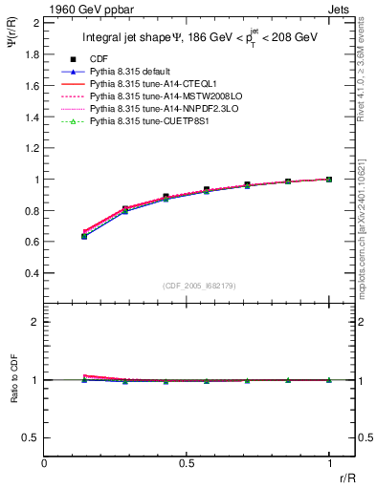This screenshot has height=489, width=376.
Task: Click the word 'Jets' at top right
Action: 340,8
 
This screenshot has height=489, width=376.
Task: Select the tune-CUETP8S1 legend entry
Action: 142,122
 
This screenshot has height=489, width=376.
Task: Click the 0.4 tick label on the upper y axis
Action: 31,273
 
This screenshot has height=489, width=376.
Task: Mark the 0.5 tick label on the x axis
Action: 188,462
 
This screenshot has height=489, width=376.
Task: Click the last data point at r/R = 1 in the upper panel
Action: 330,179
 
